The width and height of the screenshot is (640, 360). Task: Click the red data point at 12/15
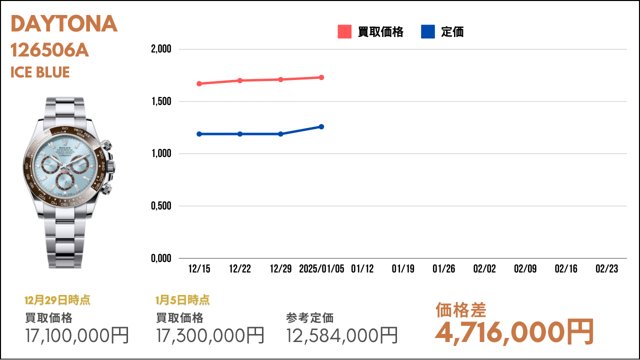click(199, 83)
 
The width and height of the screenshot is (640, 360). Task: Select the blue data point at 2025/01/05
click(321, 126)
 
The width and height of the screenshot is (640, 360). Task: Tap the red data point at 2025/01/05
click(321, 77)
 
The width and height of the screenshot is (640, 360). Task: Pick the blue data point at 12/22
click(240, 134)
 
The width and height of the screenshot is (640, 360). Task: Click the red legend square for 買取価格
click(344, 31)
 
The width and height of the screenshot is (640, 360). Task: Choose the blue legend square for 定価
click(427, 31)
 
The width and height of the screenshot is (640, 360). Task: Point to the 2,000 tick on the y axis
click(161, 49)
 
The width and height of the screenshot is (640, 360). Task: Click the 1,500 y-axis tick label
click(161, 101)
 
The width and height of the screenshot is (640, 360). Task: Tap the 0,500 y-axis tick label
click(161, 205)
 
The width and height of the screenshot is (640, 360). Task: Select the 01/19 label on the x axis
click(403, 269)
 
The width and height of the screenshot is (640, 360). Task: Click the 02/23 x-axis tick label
click(606, 269)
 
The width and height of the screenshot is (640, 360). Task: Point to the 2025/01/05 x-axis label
click(321, 269)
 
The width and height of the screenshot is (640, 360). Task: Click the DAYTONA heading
click(64, 23)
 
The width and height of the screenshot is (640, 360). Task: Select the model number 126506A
click(49, 50)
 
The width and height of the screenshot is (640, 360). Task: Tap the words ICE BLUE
click(40, 72)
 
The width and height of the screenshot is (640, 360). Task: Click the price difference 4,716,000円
click(514, 332)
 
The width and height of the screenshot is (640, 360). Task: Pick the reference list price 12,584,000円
click(341, 335)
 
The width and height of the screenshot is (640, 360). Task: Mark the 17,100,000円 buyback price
click(77, 335)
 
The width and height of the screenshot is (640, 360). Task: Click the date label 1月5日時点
click(182, 300)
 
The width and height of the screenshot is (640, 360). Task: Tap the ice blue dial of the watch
click(65, 165)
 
